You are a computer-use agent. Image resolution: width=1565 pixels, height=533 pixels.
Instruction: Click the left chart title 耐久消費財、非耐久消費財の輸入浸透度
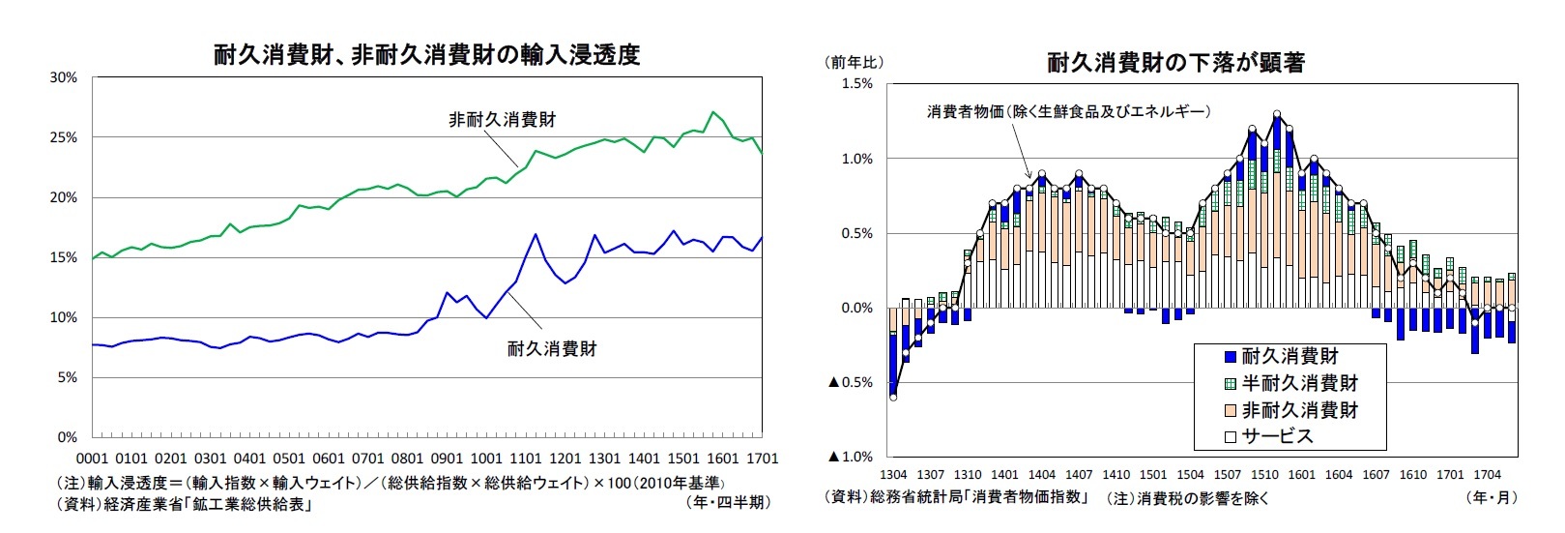[426, 55]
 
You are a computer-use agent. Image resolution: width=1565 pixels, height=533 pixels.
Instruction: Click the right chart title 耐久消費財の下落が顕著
[1175, 63]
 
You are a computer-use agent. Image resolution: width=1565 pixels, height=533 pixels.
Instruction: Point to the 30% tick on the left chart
[63, 77]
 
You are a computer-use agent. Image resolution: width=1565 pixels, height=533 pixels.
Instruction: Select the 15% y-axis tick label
[63, 257]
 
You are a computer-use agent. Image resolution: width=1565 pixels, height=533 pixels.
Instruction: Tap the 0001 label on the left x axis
[91, 459]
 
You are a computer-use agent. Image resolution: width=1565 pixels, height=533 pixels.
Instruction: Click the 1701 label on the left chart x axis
[762, 459]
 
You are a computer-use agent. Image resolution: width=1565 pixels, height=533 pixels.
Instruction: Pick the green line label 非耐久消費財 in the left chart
[502, 120]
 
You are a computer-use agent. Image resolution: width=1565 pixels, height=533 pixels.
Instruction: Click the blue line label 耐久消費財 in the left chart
[551, 348]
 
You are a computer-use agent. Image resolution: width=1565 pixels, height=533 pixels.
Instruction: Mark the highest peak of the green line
[713, 112]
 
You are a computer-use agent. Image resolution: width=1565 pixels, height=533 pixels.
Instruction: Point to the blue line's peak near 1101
[535, 234]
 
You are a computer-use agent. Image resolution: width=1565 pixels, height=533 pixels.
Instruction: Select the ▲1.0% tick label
[850, 457]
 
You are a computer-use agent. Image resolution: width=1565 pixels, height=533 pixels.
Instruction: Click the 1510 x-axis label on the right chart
[1264, 475]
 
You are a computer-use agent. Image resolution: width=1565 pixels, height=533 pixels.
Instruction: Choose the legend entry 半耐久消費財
[1299, 383]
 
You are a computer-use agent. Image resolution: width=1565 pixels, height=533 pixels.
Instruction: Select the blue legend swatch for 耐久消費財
[1230, 357]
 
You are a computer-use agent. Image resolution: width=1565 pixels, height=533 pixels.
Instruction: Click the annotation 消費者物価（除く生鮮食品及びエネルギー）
[1068, 112]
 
